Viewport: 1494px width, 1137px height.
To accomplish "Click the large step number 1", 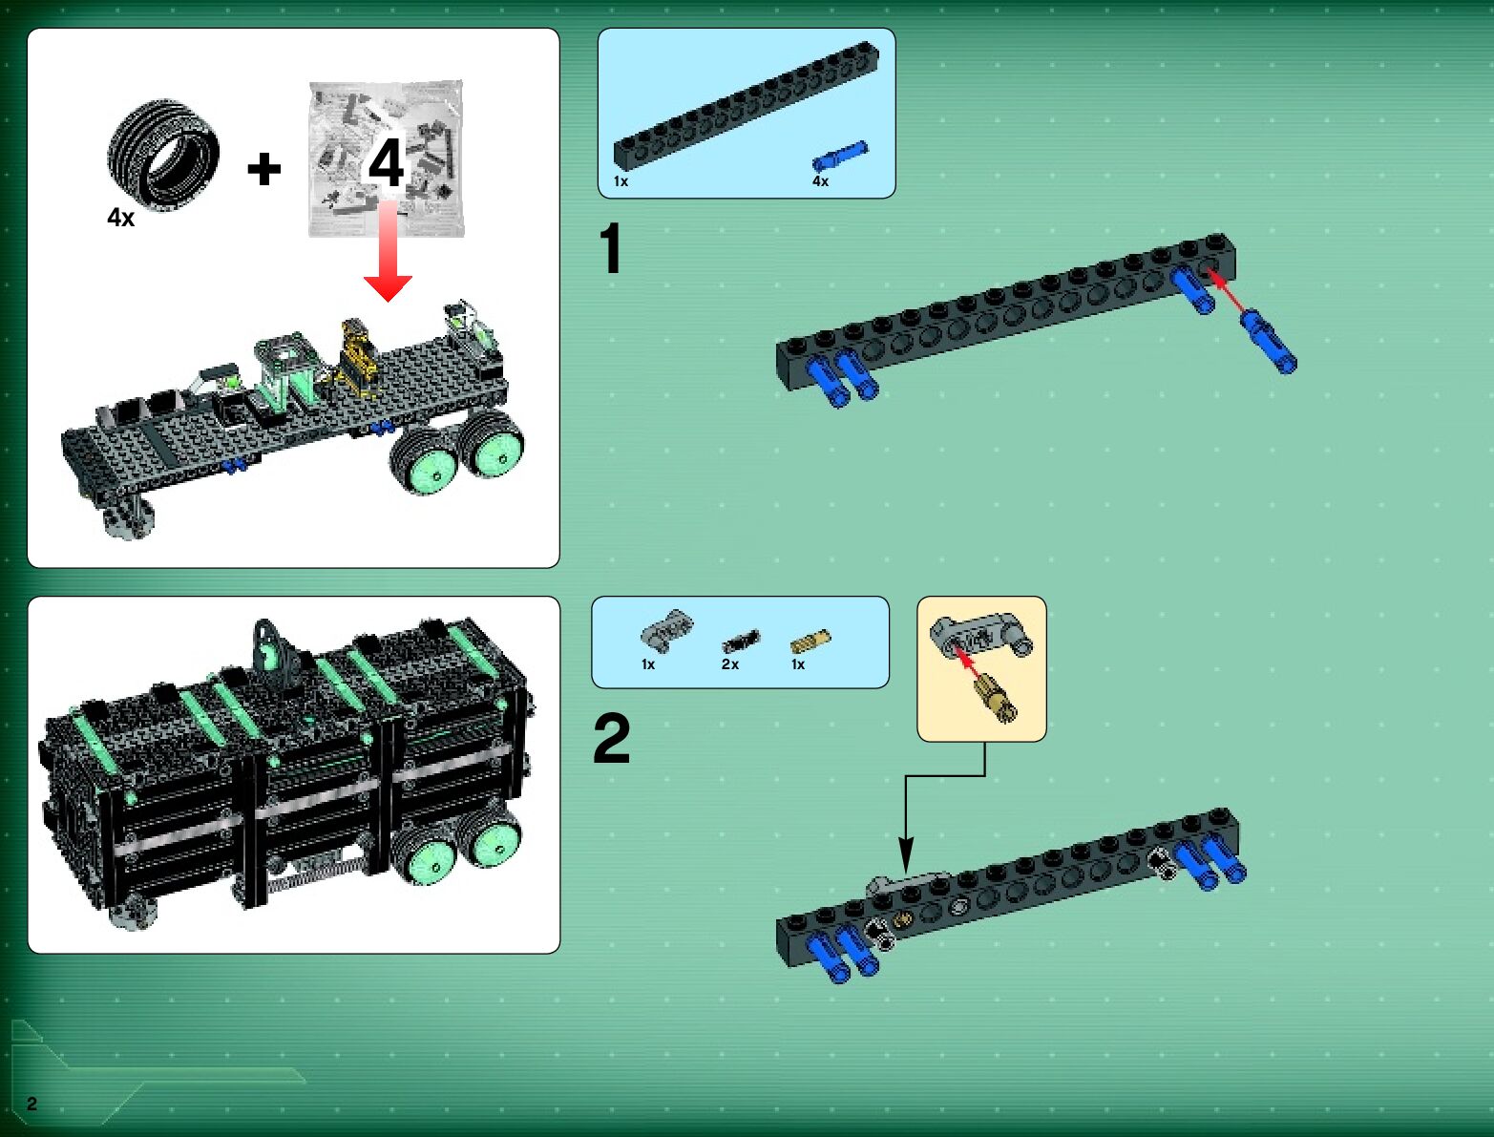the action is pyautogui.click(x=611, y=248).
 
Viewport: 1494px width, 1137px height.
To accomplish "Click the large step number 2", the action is pyautogui.click(x=611, y=738).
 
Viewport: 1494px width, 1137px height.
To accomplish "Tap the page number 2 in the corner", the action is pyautogui.click(x=32, y=1103).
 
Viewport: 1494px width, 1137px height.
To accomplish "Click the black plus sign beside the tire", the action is pyautogui.click(x=264, y=169).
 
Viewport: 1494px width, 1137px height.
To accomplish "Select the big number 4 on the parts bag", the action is pyautogui.click(x=386, y=162).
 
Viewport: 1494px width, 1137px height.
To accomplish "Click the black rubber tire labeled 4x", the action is pyautogui.click(x=163, y=157).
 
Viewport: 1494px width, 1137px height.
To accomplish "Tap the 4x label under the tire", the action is pyautogui.click(x=121, y=218).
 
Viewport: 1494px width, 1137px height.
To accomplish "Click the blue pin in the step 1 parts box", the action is pyautogui.click(x=840, y=156).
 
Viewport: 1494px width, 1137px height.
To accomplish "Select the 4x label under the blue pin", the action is pyautogui.click(x=820, y=181).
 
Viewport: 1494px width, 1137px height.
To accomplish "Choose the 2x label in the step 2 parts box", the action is pyautogui.click(x=730, y=664).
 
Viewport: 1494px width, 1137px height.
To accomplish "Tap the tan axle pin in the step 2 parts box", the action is pyautogui.click(x=810, y=641).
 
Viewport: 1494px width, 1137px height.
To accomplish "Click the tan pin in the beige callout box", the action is pyautogui.click(x=996, y=696).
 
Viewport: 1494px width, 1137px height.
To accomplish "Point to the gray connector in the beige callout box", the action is pyautogui.click(x=980, y=634).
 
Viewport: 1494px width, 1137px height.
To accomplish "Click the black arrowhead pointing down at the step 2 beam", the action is pyautogui.click(x=906, y=854).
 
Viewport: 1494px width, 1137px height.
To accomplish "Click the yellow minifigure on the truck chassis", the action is pyautogui.click(x=357, y=356).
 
